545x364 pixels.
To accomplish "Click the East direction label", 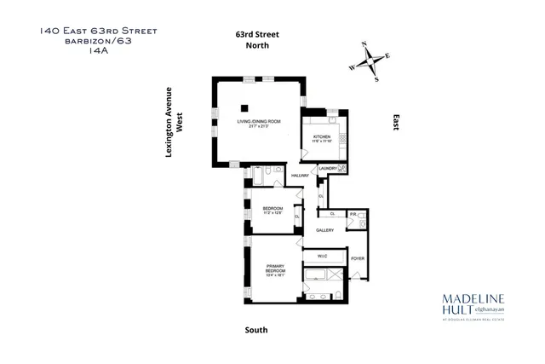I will click(395, 124).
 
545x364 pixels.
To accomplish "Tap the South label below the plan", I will click(255, 330).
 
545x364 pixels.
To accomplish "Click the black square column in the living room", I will click(244, 107).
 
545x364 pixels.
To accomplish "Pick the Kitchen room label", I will click(320, 136).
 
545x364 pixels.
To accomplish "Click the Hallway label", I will click(300, 175).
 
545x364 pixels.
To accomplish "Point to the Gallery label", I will click(324, 229).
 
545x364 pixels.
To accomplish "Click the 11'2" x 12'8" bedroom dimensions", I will click(272, 213).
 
